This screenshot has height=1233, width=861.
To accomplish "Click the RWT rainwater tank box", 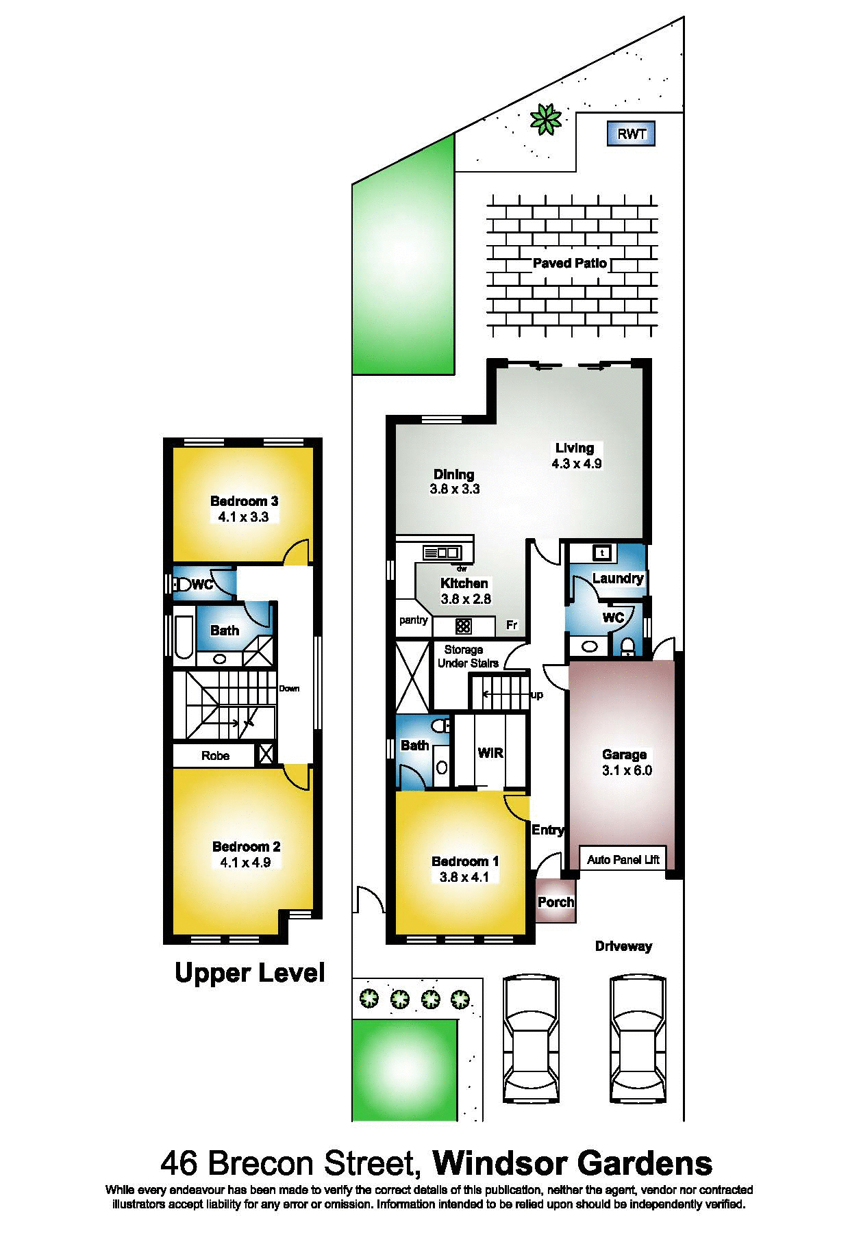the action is (631, 134).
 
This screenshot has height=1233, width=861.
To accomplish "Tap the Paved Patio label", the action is (570, 263).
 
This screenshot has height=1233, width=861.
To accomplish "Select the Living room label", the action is (575, 448).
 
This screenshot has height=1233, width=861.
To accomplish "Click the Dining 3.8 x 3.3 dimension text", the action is (455, 489).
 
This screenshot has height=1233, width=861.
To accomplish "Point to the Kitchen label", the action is (464, 583).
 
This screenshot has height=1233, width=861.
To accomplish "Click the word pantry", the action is (414, 620).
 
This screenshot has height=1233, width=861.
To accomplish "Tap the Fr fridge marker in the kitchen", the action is (512, 625).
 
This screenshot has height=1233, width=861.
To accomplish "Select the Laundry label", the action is (618, 578).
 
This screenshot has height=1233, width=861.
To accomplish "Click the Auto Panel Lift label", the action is (623, 860).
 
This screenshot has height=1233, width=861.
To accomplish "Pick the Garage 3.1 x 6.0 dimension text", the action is (627, 770).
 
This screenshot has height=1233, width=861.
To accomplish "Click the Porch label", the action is (556, 902).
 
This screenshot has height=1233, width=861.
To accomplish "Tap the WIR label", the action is (490, 753).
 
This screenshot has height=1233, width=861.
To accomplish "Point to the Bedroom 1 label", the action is (465, 861).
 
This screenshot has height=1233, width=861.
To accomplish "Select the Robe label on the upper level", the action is (215, 756).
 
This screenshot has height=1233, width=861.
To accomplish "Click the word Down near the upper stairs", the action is (289, 689).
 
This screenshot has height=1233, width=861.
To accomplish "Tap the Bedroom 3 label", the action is (245, 501).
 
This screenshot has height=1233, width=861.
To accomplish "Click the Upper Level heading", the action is (250, 973).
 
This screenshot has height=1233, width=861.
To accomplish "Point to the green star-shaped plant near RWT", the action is (546, 119).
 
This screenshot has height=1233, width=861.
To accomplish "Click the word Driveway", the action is (623, 946).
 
